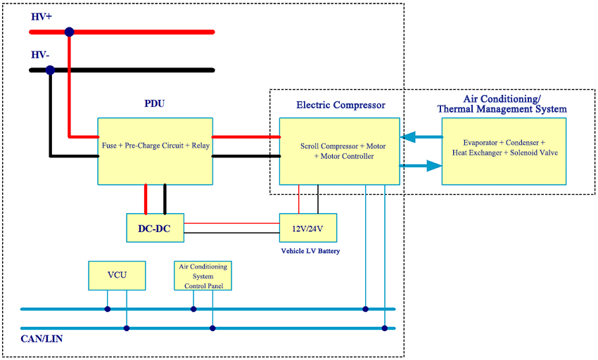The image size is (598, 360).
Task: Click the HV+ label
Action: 42,15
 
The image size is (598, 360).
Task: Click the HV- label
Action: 40,54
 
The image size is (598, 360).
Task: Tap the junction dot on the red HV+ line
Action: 69,32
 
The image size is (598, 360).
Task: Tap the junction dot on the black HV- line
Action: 50,70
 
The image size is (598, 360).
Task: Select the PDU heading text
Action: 155,104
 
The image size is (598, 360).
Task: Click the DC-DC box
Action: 155,228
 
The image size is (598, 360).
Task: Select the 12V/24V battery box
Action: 308,228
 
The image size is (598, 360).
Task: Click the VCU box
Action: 117,276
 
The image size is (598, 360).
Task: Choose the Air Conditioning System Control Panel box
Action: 203,276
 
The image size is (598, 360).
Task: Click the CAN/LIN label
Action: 40,341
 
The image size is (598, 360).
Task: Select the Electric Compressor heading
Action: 341,105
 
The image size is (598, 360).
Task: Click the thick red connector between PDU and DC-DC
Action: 146,199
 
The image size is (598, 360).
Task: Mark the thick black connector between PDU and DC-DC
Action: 165,199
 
